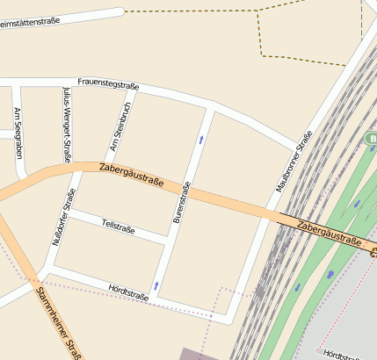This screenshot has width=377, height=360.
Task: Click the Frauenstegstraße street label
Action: click(108, 84)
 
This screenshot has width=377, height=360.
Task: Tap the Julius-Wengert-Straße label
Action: click(67, 126)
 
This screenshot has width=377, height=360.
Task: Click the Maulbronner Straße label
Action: click(294, 162)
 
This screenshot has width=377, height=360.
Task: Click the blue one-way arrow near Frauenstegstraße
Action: click(202, 139)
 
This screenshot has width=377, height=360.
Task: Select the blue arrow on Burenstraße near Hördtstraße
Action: click(156, 285)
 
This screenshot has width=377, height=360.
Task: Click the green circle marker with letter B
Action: click(371, 139)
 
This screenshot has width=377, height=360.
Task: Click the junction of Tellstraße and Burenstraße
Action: click(169, 240)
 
